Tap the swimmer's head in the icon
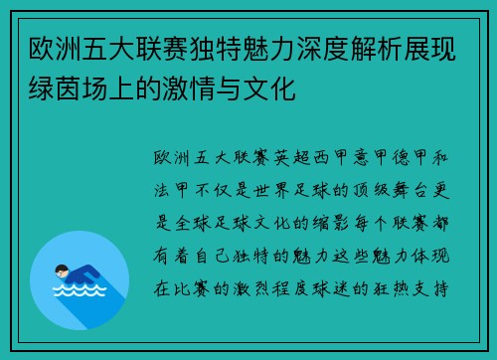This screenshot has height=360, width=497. [x=63, y=269]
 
